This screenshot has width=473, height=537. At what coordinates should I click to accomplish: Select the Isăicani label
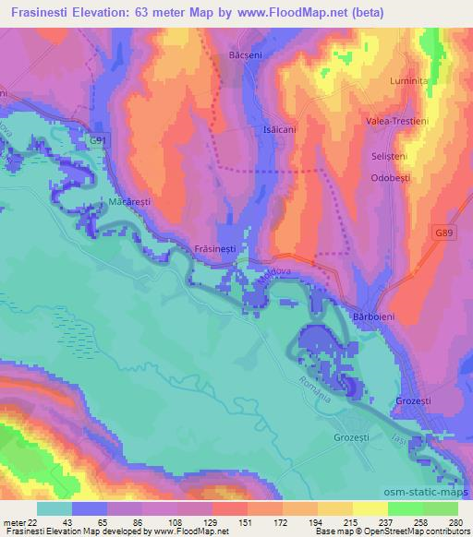point(280,130)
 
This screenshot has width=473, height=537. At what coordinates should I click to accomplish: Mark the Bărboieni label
point(374,316)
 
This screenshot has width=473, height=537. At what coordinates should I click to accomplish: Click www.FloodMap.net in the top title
point(289,14)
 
